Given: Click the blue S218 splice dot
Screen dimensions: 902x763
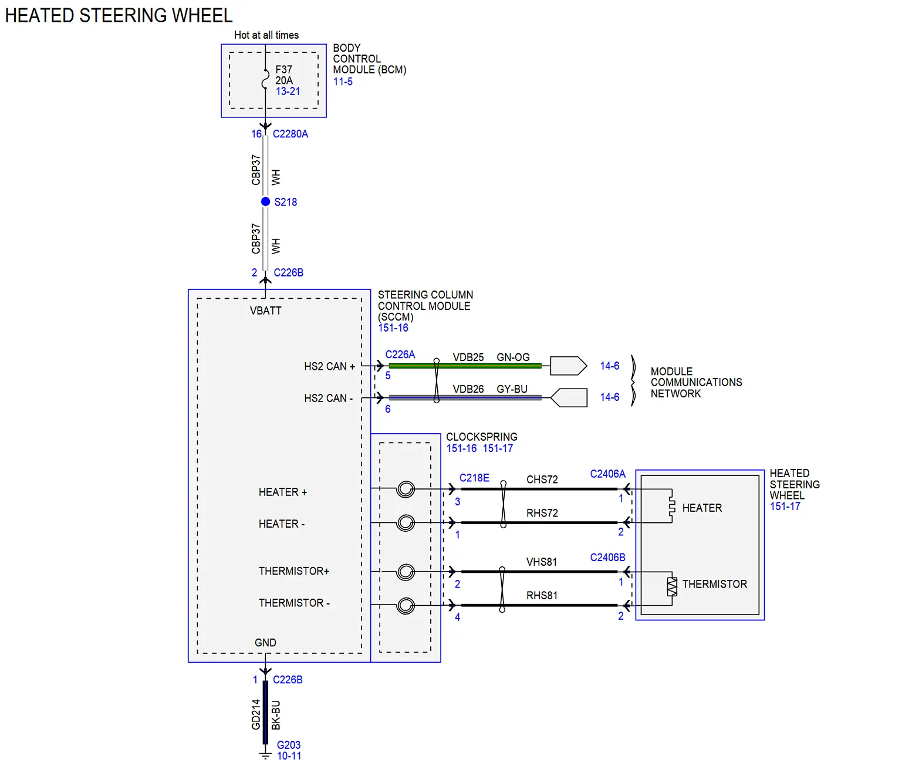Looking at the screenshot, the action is point(265,202).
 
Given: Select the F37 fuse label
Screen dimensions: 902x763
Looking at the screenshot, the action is point(283,69).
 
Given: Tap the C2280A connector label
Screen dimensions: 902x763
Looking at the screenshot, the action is point(290,134).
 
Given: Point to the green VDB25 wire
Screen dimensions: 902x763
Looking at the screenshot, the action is point(465,366).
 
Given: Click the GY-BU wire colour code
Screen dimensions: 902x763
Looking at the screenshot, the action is point(512,389).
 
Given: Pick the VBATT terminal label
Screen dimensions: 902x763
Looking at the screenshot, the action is point(265,311).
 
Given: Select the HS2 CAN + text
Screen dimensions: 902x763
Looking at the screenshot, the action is point(329,366).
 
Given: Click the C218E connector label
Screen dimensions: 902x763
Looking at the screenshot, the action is point(474,478).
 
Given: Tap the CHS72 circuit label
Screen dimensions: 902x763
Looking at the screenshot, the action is point(542,480).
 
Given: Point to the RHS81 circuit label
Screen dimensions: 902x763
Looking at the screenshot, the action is point(542,595).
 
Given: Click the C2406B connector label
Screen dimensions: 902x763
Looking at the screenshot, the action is point(607,558).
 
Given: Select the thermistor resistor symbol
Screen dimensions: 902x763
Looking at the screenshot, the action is point(672,587).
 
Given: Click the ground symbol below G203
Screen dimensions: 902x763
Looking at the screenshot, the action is point(265,755).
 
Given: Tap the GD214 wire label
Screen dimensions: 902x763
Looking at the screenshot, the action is point(256,714).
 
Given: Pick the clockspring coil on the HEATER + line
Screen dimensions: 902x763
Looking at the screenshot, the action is point(406,489).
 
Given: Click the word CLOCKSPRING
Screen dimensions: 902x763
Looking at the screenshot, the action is point(481,437).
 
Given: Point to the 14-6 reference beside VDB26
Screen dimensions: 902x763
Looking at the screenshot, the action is point(609,397).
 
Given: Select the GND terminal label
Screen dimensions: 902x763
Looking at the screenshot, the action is point(265,643).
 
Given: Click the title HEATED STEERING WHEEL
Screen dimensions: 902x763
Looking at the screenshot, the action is point(119,16).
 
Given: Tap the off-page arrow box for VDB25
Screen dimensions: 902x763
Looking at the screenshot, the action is point(568,366).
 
